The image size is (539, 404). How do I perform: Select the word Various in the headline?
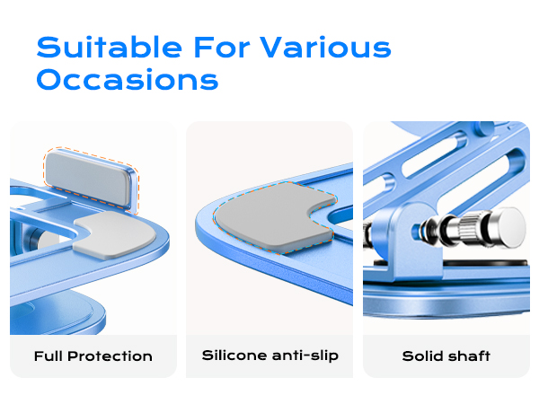coord(328,47)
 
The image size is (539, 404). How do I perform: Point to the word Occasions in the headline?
coord(128,79)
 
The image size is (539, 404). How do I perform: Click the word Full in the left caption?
coord(50,356)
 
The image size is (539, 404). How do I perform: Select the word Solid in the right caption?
coord(423,356)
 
